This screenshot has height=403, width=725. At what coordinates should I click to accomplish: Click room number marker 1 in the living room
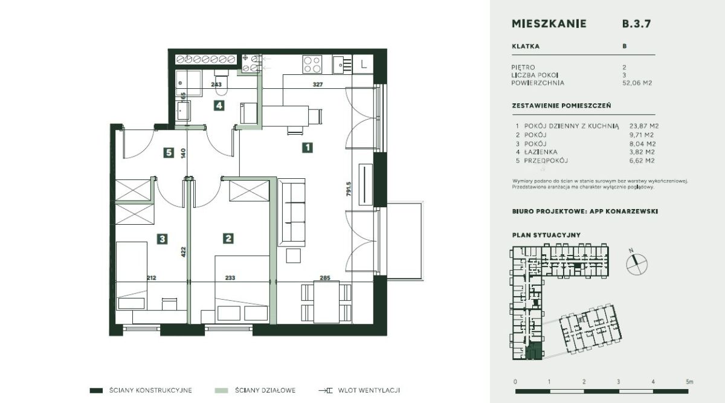[307, 147]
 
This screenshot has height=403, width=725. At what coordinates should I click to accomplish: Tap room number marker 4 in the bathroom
[219, 105]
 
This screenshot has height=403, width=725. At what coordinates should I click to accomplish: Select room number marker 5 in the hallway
[169, 152]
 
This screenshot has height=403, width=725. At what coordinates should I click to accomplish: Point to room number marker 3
[162, 239]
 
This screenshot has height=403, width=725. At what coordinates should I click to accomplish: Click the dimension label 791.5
[349, 189]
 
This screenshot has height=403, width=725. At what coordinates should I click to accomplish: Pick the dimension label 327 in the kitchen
[318, 85]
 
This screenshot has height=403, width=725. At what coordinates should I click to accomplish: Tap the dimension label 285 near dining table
[325, 278]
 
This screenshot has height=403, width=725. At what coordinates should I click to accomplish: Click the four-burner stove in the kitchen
[312, 64]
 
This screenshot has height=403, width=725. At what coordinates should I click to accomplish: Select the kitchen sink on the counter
[342, 65]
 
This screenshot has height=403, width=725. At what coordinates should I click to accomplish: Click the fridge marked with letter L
[363, 64]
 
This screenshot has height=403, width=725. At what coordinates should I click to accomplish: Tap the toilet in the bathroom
[222, 82]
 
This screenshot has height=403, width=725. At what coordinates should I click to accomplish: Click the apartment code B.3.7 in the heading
[636, 24]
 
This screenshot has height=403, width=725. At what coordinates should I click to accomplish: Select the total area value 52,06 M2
[637, 83]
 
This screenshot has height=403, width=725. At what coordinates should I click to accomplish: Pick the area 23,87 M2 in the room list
[644, 126]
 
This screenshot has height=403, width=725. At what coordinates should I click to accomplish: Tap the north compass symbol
[636, 264]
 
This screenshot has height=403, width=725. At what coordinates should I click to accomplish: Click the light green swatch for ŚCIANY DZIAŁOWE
[221, 390]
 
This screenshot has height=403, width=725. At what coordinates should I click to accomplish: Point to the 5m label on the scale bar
[689, 382]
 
